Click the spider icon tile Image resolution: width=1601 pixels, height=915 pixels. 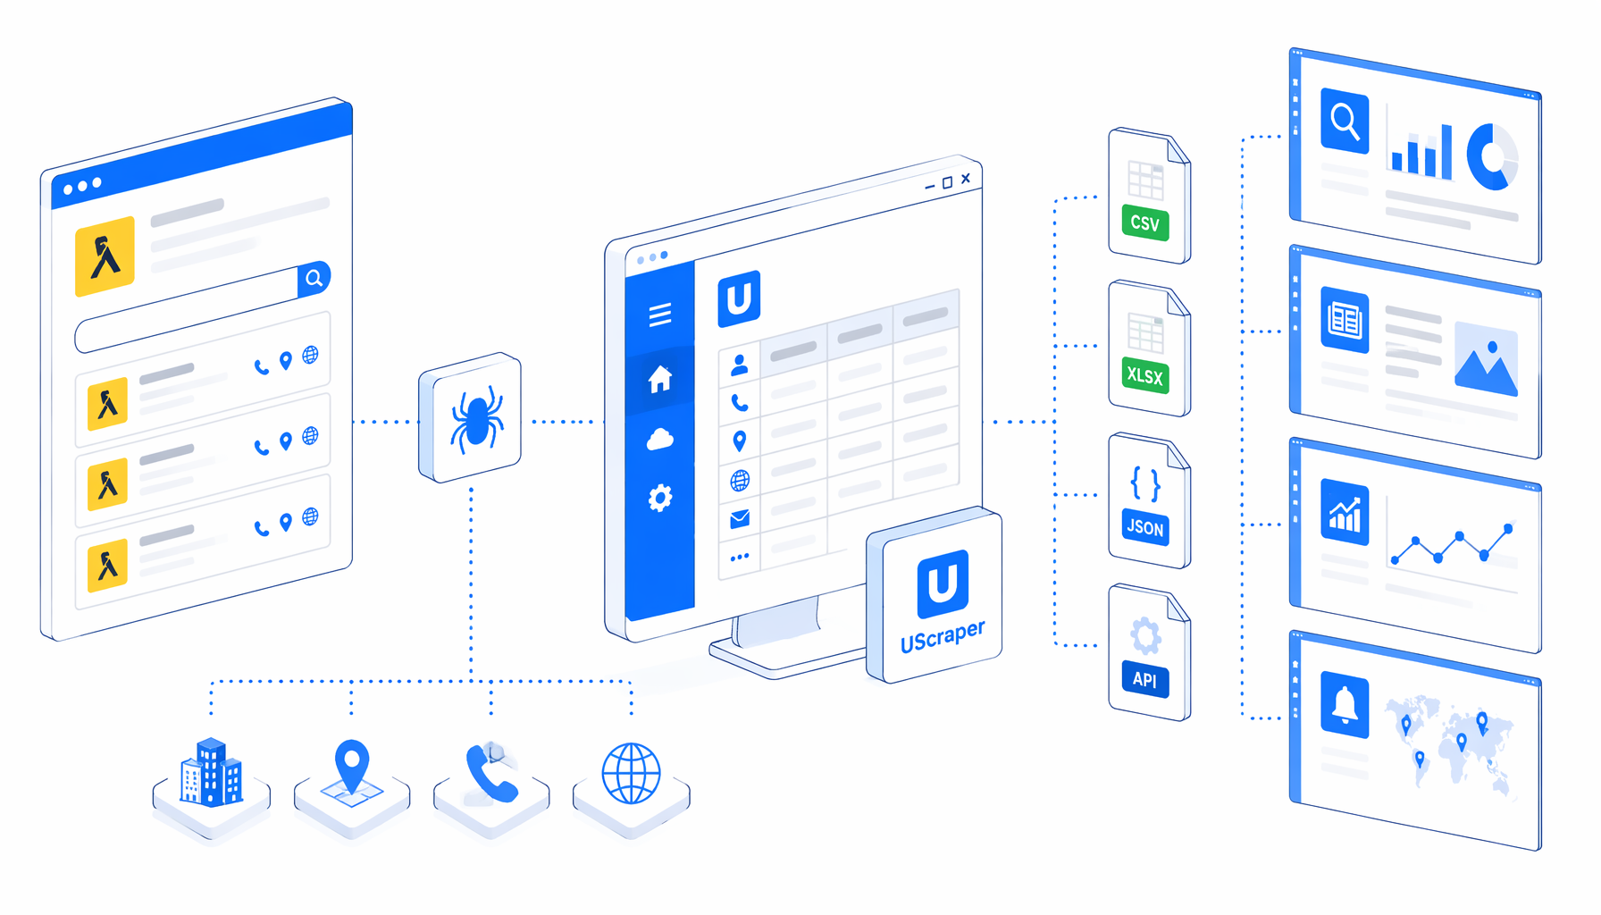(470, 417)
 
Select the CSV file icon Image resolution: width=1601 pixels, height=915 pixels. (1150, 196)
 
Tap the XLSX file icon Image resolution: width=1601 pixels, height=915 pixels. (1150, 348)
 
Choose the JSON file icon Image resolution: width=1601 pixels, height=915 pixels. (1150, 500)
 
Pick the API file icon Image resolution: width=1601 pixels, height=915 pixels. (1150, 652)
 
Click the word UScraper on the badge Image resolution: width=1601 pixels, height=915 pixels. (943, 636)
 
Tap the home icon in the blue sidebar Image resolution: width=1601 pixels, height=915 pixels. (660, 379)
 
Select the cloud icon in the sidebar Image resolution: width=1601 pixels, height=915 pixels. (660, 439)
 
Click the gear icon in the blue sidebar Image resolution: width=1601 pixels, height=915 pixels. (660, 498)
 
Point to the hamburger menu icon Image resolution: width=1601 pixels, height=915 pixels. (660, 315)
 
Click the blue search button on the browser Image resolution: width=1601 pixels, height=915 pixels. (314, 279)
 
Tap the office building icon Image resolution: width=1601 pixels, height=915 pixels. (211, 772)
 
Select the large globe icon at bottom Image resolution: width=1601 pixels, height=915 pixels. (632, 773)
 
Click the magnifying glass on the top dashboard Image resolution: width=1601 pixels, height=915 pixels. (1345, 121)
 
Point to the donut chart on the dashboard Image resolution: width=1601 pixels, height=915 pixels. (1492, 157)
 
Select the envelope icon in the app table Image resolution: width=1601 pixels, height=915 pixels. (740, 519)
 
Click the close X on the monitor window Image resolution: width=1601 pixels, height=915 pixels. (966, 179)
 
